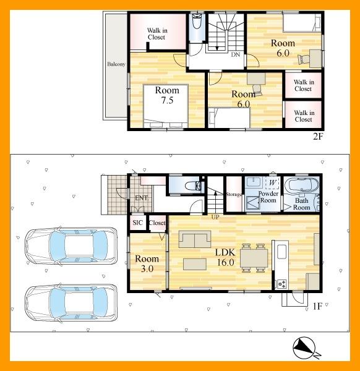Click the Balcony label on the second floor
[x=116, y=64]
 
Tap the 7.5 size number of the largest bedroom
[x=168, y=100]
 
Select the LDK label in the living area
[x=225, y=252]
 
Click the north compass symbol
[x=306, y=348]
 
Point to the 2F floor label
[x=318, y=137]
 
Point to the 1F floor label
[x=317, y=307]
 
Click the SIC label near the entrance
[x=138, y=223]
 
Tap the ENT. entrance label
[x=142, y=198]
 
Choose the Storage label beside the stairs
[x=234, y=195]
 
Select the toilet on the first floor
[x=192, y=185]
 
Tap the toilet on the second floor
[x=197, y=22]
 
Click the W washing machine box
[x=272, y=183]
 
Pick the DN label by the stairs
[x=236, y=54]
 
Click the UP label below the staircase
[x=215, y=217]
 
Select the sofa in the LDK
[x=195, y=239]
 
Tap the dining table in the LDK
[x=254, y=258]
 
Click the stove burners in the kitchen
[x=281, y=284]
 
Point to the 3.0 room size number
[x=147, y=269]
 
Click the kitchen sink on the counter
[x=281, y=252]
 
